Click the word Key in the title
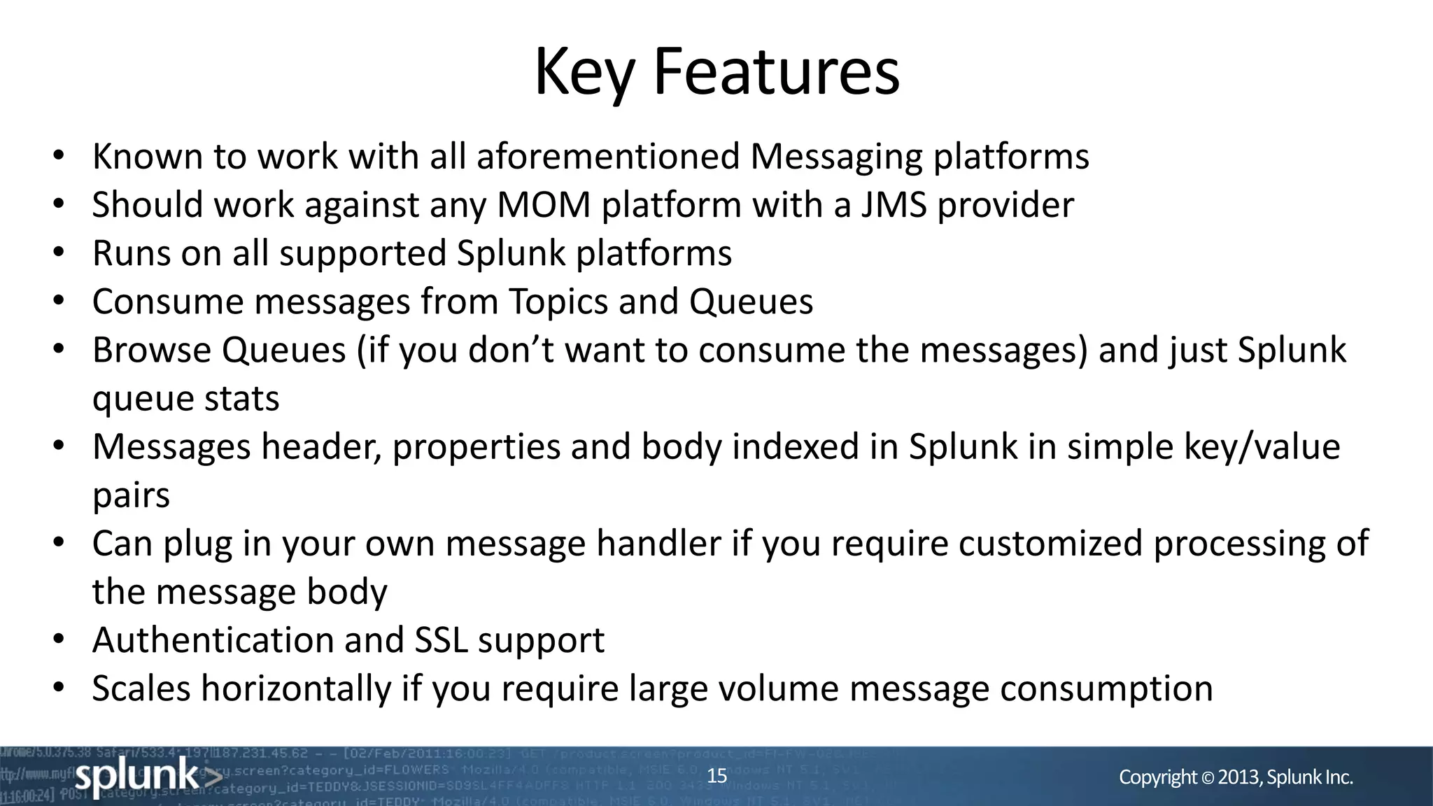click(x=584, y=73)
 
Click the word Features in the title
click(x=776, y=73)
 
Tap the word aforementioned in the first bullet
click(x=607, y=156)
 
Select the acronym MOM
click(x=544, y=205)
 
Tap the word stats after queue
click(x=241, y=399)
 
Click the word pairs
click(x=131, y=496)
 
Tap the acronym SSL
click(x=441, y=640)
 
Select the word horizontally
click(x=296, y=688)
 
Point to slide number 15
click(x=716, y=776)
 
